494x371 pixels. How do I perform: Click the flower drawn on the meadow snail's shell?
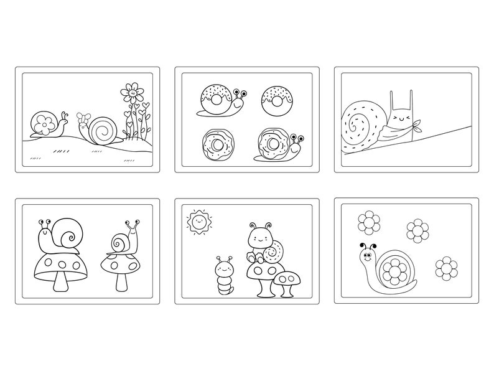pyautogui.click(x=44, y=123)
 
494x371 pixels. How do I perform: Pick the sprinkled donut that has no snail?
pyautogui.click(x=276, y=98)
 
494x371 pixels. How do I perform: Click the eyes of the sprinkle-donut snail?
pyautogui.click(x=242, y=94)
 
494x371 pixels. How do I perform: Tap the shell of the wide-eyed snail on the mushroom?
pyautogui.click(x=119, y=242)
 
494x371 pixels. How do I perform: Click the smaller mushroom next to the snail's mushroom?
pyautogui.click(x=287, y=280)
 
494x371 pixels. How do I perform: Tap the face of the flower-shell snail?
pyautogui.click(x=368, y=255)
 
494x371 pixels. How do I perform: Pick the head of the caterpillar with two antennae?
pyautogui.click(x=225, y=268)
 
